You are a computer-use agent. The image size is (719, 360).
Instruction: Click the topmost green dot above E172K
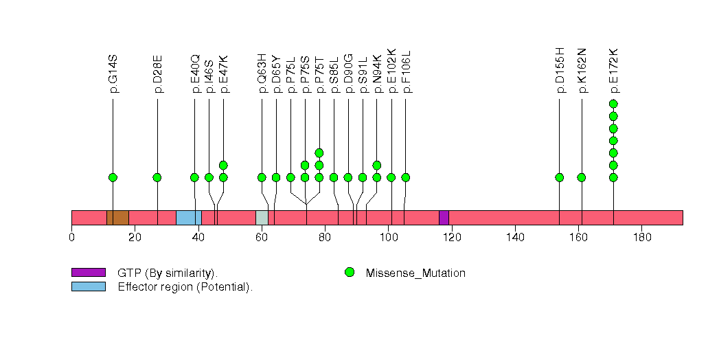click(613, 104)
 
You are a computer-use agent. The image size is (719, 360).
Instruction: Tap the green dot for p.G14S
click(113, 177)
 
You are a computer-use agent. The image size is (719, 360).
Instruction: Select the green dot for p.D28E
click(157, 177)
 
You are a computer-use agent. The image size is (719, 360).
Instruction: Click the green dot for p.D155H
click(559, 177)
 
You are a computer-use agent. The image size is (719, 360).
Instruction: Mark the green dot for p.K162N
click(582, 177)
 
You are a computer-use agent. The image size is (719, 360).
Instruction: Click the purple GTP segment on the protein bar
click(444, 217)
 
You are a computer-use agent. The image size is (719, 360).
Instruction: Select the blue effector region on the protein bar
click(188, 217)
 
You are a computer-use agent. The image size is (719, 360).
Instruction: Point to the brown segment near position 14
click(118, 217)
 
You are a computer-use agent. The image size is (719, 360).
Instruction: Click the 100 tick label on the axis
click(388, 237)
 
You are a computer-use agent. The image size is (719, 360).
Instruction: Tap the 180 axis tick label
click(641, 237)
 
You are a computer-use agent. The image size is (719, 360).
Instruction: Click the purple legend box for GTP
click(88, 273)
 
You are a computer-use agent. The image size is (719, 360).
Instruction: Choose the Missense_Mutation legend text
click(415, 273)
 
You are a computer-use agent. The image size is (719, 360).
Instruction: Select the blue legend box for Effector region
click(88, 286)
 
